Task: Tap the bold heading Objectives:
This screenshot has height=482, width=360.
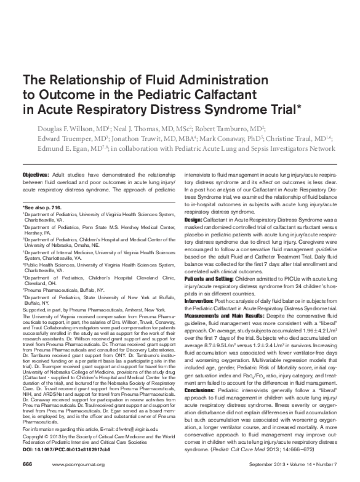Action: (x=40, y=175)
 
